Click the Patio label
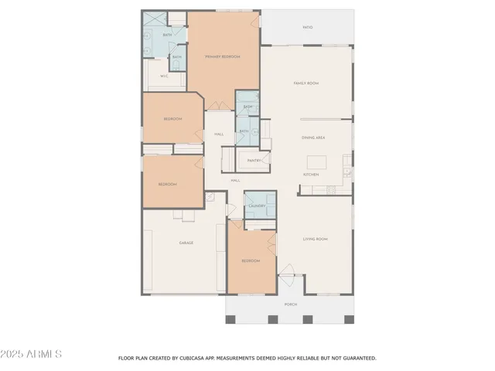(308, 27)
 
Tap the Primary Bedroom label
(222, 57)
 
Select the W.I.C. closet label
(164, 77)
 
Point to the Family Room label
(306, 83)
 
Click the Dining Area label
(312, 138)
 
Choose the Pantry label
(254, 161)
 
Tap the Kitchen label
(311, 175)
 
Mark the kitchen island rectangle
(317, 162)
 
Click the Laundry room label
(257, 206)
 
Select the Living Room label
(315, 240)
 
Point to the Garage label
(186, 243)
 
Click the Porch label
(291, 305)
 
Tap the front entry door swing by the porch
(288, 270)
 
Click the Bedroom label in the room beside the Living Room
(251, 261)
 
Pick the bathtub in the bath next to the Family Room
(247, 100)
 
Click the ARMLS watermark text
(32, 353)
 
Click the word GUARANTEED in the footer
(359, 359)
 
